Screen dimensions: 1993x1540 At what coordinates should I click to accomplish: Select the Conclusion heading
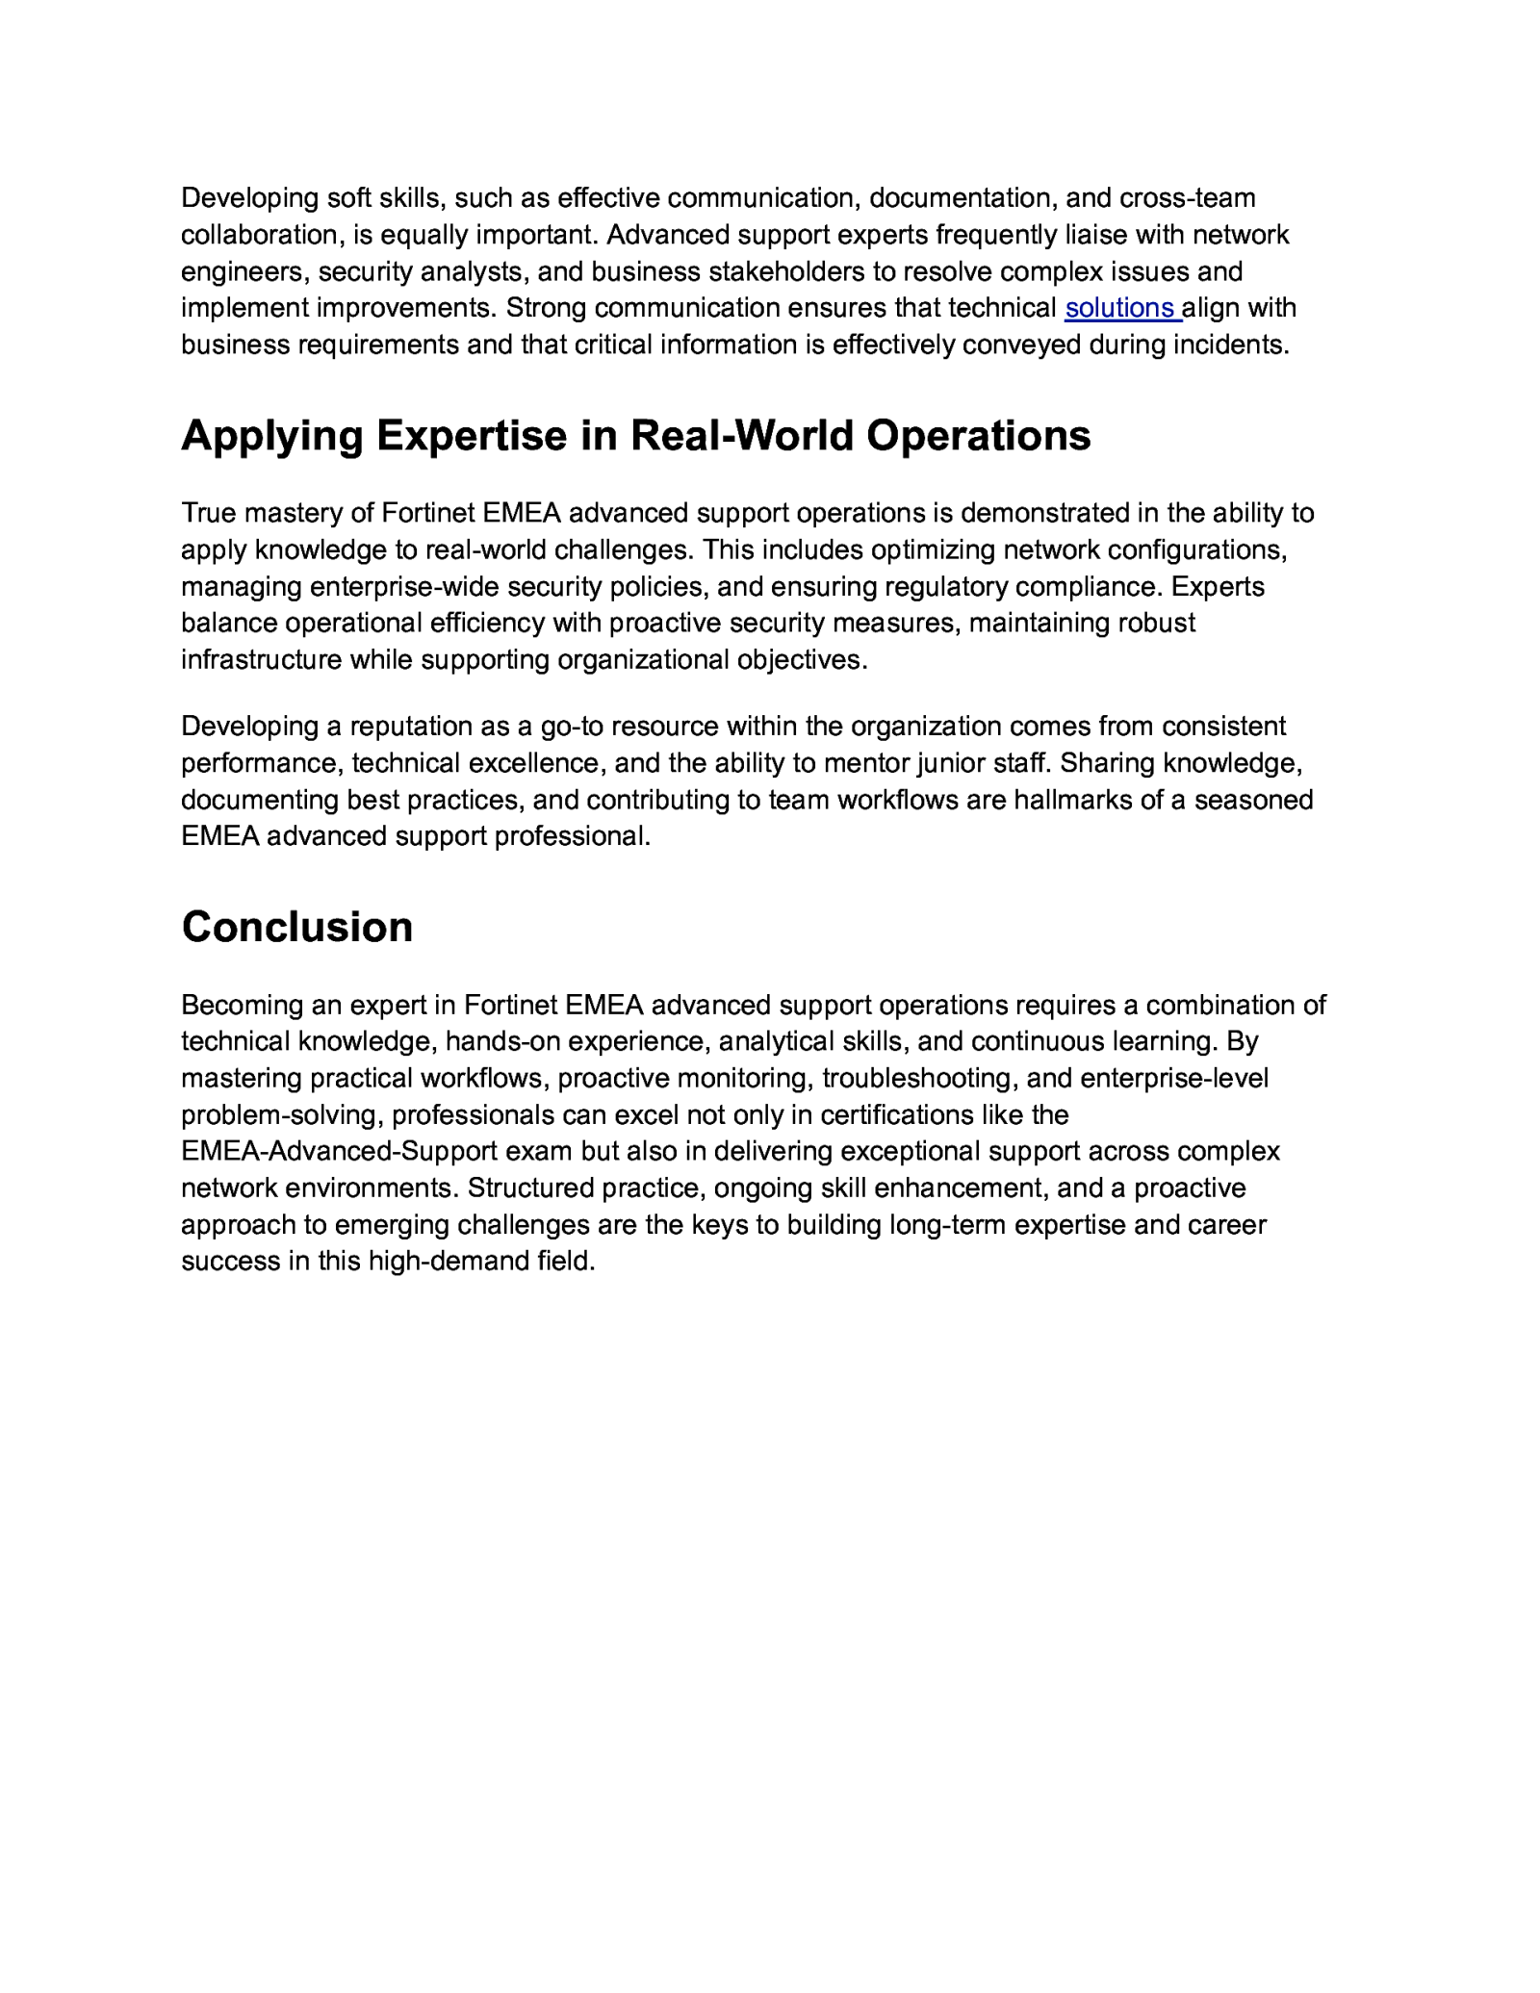pos(297,927)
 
